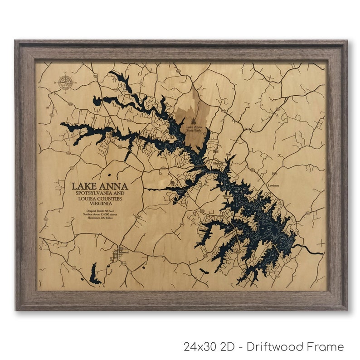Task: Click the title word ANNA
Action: pyautogui.click(x=114, y=186)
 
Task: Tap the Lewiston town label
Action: pyautogui.click(x=273, y=185)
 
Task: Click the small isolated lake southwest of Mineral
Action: pyautogui.click(x=94, y=274)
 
